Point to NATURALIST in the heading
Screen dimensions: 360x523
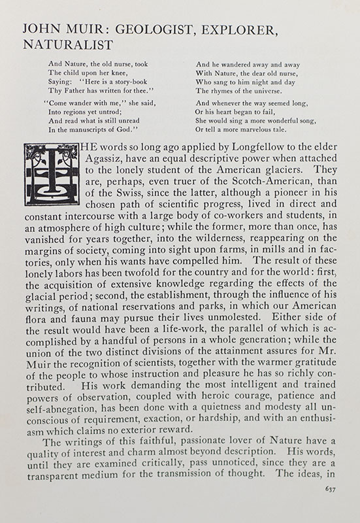[x=67, y=45]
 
